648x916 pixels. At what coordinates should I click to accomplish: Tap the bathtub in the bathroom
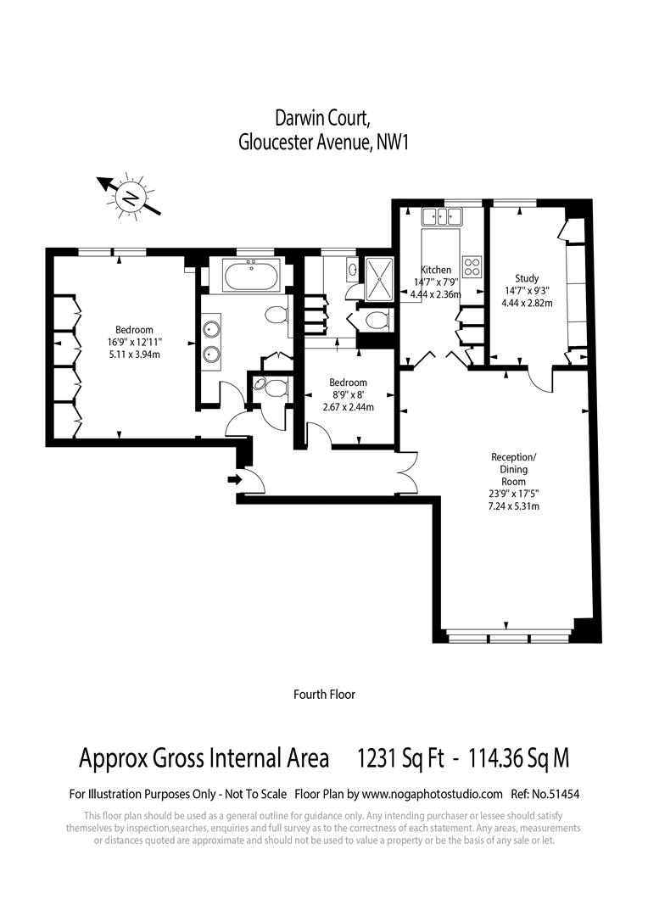248,276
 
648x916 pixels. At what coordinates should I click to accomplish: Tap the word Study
527,278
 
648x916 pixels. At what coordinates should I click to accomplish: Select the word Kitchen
436,270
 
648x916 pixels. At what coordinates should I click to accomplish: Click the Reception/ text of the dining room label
514,457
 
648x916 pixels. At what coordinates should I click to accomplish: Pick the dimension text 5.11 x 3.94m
134,354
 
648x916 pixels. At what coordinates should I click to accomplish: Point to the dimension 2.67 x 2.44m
349,407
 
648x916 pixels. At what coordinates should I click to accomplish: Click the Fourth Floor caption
324,694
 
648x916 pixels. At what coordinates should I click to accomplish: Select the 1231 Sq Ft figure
401,757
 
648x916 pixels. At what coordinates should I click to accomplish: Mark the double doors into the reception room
406,472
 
